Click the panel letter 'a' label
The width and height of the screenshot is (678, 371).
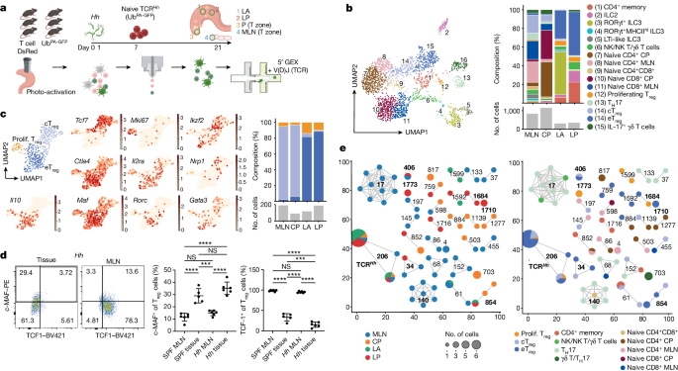(5, 7)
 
